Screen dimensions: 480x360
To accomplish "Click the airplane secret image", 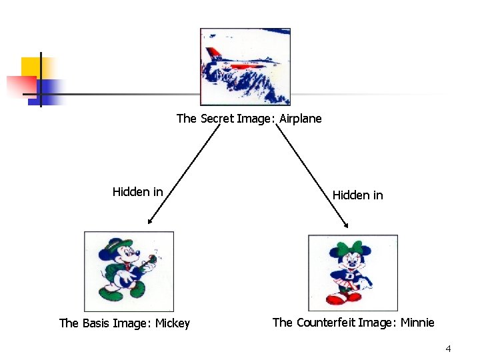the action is click(245, 67).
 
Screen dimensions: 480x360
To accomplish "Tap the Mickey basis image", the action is click(129, 271).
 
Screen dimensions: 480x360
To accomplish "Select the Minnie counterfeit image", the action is click(353, 273).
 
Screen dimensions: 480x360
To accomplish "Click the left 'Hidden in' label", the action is click(137, 192).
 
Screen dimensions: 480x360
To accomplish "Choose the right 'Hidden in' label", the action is click(357, 195).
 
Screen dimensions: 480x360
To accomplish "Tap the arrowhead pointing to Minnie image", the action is click(345, 224).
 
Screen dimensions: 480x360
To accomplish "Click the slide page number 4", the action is click(448, 349).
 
